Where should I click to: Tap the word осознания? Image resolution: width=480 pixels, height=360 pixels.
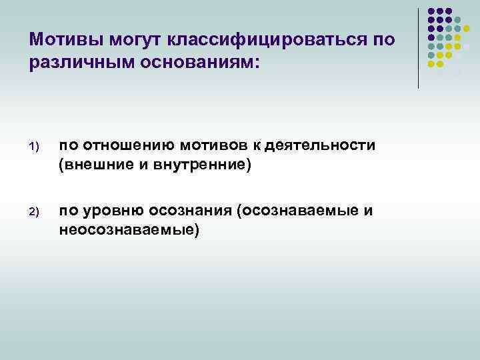pos(193,211)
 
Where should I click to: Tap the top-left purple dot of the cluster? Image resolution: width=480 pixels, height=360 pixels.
pos(431,11)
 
